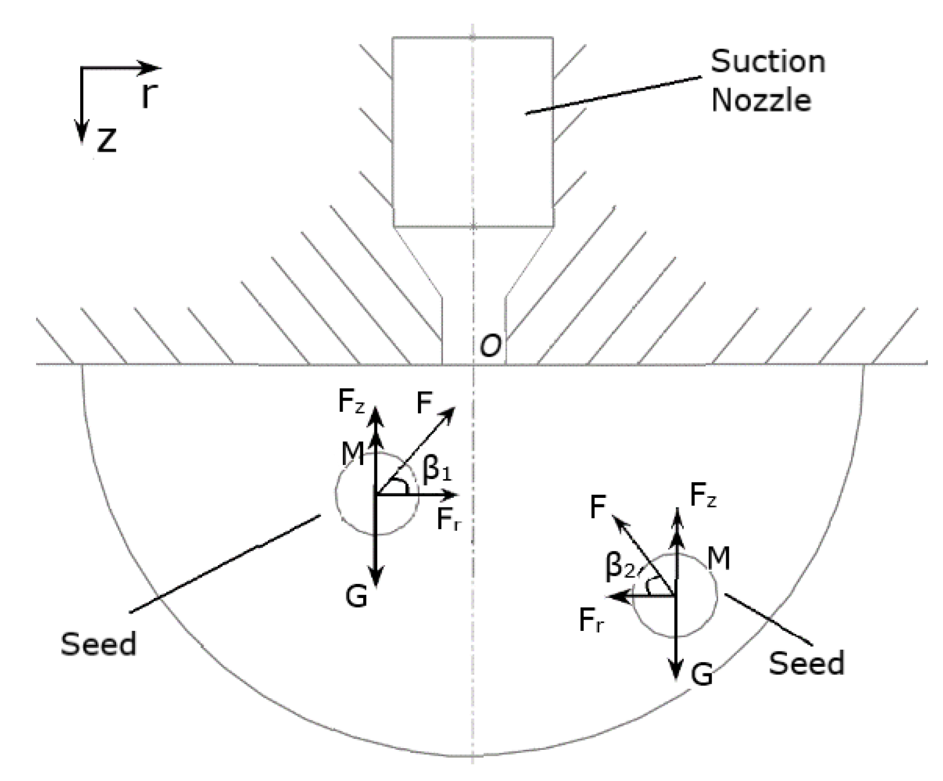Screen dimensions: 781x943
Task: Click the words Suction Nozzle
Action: coord(767,81)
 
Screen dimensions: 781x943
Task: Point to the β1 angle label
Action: coord(437,470)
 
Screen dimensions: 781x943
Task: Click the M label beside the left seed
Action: coord(353,455)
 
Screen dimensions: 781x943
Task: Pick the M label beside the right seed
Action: coord(719,559)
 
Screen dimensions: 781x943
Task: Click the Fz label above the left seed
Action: coord(351,403)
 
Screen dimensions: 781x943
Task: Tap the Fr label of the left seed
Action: coord(449,519)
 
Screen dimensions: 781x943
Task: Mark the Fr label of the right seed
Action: coord(592,620)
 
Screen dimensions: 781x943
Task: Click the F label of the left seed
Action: coord(425,403)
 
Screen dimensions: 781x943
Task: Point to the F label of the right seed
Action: coord(598,506)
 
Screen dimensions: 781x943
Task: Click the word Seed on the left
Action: coord(98,644)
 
